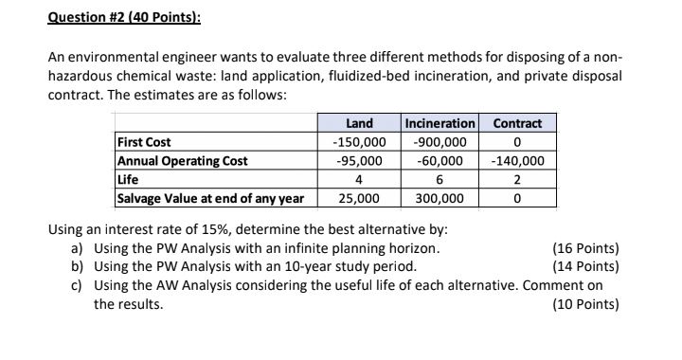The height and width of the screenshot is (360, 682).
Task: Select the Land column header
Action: (x=359, y=123)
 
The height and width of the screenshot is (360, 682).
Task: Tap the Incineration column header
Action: (x=439, y=123)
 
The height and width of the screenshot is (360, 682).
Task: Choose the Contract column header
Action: (x=517, y=123)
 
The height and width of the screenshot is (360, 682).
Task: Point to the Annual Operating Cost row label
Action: (x=181, y=161)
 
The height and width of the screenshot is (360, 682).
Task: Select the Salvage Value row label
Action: (x=209, y=198)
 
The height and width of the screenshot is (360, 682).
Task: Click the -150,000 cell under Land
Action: (x=359, y=142)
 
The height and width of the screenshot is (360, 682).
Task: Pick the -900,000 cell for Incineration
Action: (x=439, y=142)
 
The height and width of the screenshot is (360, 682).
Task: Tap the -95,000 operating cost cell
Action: (x=359, y=161)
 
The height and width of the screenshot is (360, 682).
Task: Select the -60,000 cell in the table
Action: (x=439, y=161)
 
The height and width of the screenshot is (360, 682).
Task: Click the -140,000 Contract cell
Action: (x=517, y=161)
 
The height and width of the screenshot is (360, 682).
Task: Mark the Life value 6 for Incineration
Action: (x=439, y=179)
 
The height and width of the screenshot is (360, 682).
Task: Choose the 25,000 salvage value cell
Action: (x=359, y=198)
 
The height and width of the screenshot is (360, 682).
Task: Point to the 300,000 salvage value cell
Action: (x=439, y=198)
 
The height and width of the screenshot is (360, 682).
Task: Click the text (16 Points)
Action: (x=584, y=249)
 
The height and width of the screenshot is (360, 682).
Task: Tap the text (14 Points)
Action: (x=584, y=266)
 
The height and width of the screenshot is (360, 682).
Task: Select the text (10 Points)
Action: (x=584, y=304)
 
